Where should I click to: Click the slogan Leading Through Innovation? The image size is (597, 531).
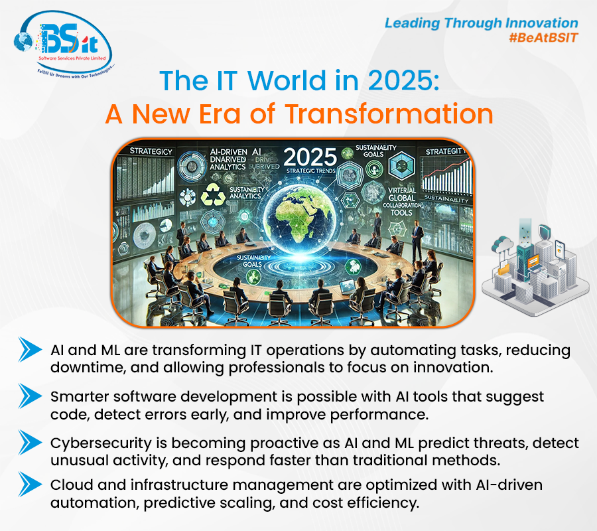click(x=482, y=23)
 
